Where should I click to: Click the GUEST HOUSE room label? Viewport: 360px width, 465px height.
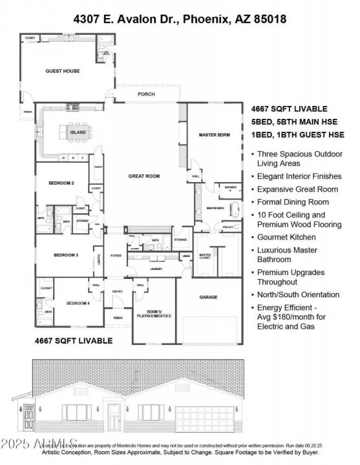pos(63,71)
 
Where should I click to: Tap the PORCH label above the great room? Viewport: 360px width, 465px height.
pos(147,94)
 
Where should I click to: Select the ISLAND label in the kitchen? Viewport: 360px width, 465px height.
pos(78,132)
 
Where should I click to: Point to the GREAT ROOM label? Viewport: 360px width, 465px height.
pos(143,176)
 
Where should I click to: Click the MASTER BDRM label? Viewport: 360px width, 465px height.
pos(215,134)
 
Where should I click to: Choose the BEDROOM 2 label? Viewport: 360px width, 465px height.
pos(61,183)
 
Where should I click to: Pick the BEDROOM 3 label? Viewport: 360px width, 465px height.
pos(65,255)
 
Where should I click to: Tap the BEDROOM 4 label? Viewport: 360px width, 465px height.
pos(78,303)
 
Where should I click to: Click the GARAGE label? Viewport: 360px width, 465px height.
pos(208,297)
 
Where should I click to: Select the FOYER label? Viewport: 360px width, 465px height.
pos(117,254)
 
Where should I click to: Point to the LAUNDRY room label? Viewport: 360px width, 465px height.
pos(156,269)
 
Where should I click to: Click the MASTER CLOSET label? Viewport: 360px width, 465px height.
pos(205,256)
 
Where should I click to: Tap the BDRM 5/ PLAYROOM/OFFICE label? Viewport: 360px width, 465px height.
pos(153,314)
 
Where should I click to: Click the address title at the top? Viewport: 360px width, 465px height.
pos(180,19)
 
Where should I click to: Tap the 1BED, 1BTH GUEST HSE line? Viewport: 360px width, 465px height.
pos(297,134)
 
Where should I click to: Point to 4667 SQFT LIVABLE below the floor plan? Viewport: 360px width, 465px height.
pos(73,340)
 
